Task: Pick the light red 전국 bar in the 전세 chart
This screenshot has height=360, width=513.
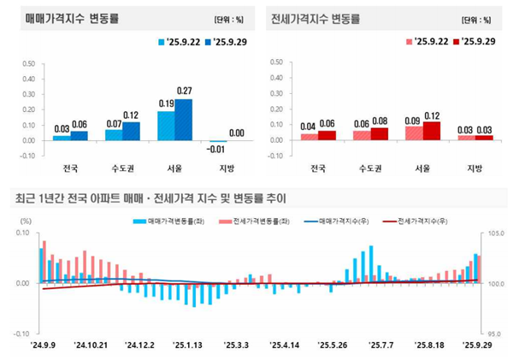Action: point(309,136)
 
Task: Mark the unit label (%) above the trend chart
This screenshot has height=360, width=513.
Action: point(27,221)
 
